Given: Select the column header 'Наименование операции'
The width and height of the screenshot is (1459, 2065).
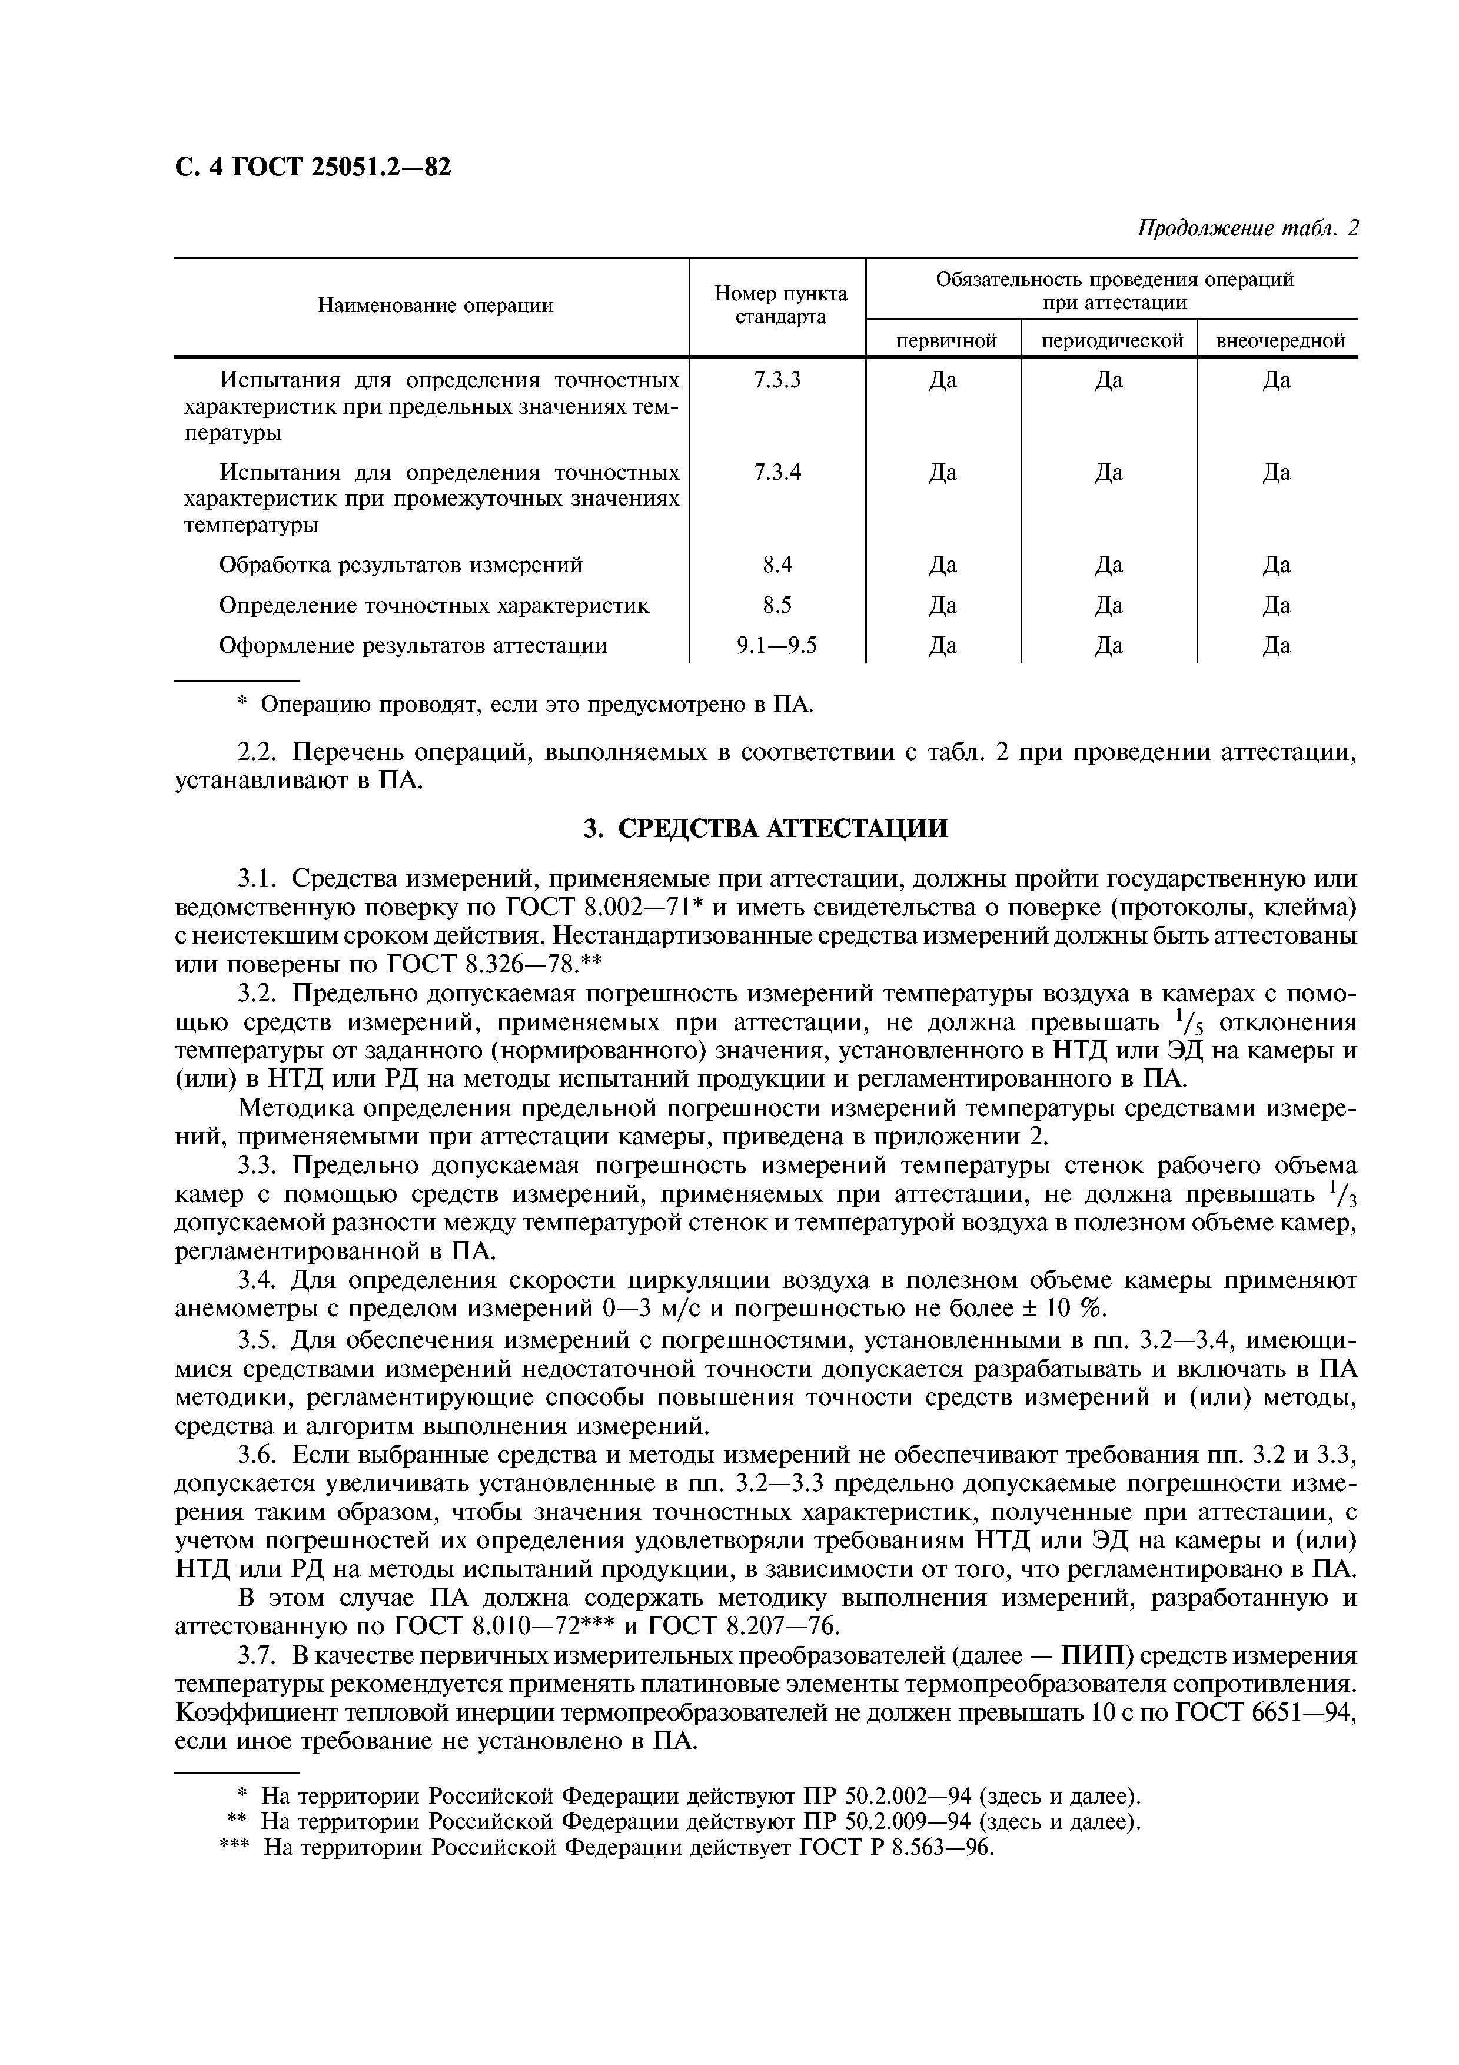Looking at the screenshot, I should [x=435, y=306].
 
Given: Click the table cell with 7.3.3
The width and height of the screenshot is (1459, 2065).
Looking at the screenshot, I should [x=777, y=380].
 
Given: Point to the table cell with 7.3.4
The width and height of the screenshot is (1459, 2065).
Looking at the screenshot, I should [x=777, y=472].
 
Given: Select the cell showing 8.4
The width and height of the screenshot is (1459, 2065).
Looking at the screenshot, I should [x=777, y=565].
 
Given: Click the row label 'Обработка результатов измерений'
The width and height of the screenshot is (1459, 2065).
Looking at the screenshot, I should [x=401, y=565].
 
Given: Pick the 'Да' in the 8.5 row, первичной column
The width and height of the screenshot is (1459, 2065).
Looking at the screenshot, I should [x=942, y=605].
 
